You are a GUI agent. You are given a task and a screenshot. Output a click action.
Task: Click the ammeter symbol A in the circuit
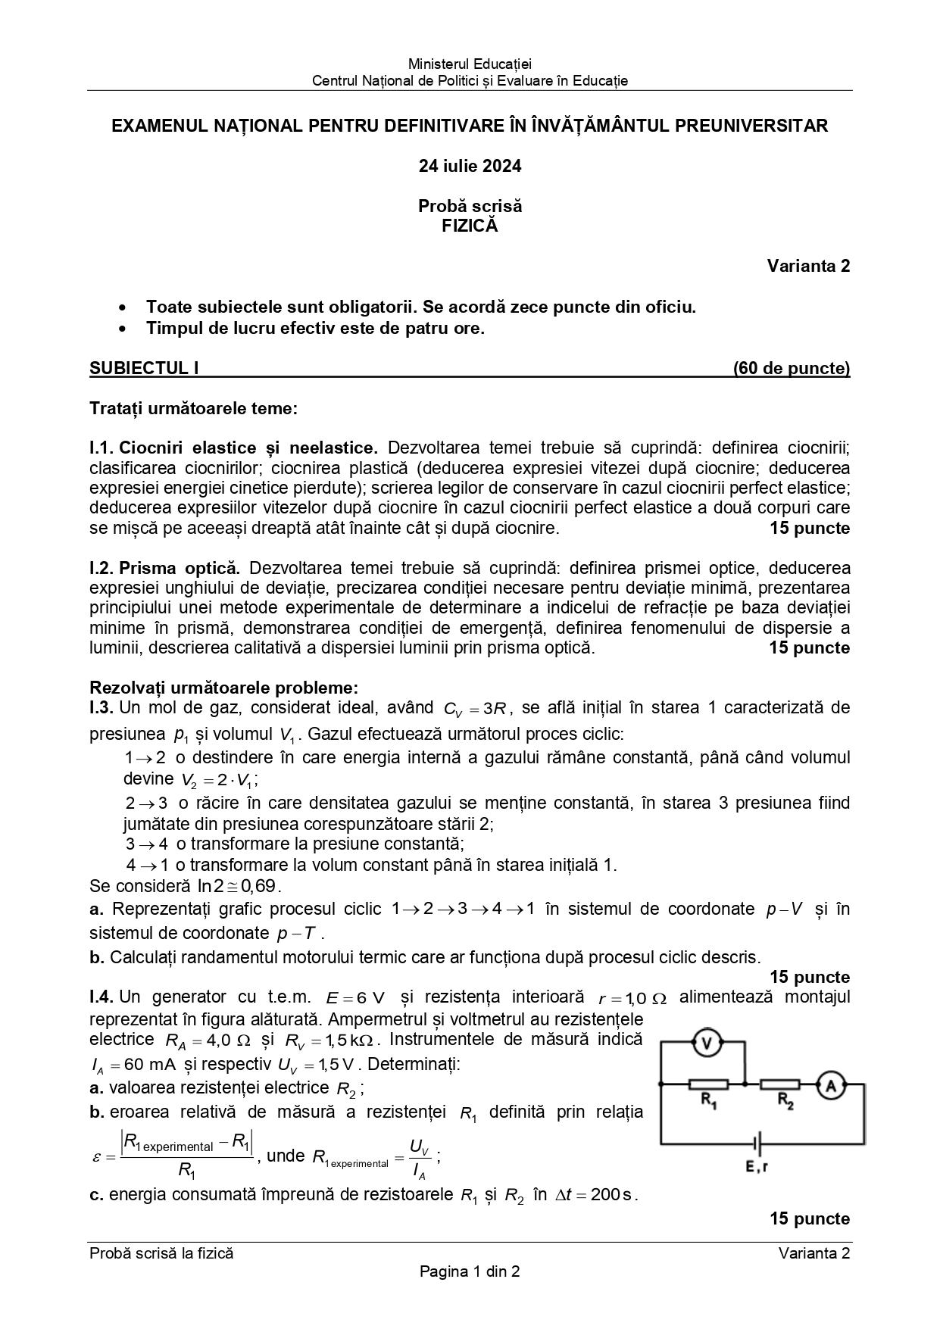click(830, 1086)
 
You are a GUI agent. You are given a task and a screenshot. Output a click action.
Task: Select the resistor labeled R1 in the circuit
click(708, 1084)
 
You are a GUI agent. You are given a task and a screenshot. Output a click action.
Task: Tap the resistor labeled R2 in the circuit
click(779, 1084)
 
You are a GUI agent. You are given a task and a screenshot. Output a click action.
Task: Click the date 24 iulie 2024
click(470, 166)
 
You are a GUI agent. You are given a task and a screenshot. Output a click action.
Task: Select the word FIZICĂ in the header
click(470, 226)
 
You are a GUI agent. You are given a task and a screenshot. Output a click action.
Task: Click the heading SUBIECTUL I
click(144, 368)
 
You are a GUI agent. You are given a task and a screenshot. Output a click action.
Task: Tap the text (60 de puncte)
click(792, 368)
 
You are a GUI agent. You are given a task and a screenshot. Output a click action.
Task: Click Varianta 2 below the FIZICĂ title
click(808, 266)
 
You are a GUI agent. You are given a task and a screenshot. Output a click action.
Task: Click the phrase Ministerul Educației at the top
click(470, 64)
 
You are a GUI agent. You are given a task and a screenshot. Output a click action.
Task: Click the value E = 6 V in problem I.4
click(355, 998)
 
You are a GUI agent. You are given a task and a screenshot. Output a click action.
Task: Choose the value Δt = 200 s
click(595, 1196)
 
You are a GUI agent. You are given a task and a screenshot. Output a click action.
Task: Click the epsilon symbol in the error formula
click(96, 1157)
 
